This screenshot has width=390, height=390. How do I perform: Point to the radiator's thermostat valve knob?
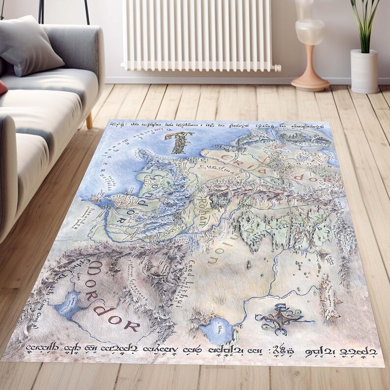(x=277, y=68)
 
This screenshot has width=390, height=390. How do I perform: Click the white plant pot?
(x=364, y=71)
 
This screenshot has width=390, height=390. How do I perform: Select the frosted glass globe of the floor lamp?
(x=309, y=32)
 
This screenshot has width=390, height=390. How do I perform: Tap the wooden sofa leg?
(x=89, y=120)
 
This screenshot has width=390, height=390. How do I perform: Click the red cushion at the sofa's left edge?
(x=2, y=88)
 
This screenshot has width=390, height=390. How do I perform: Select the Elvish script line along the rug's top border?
(x=216, y=126)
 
